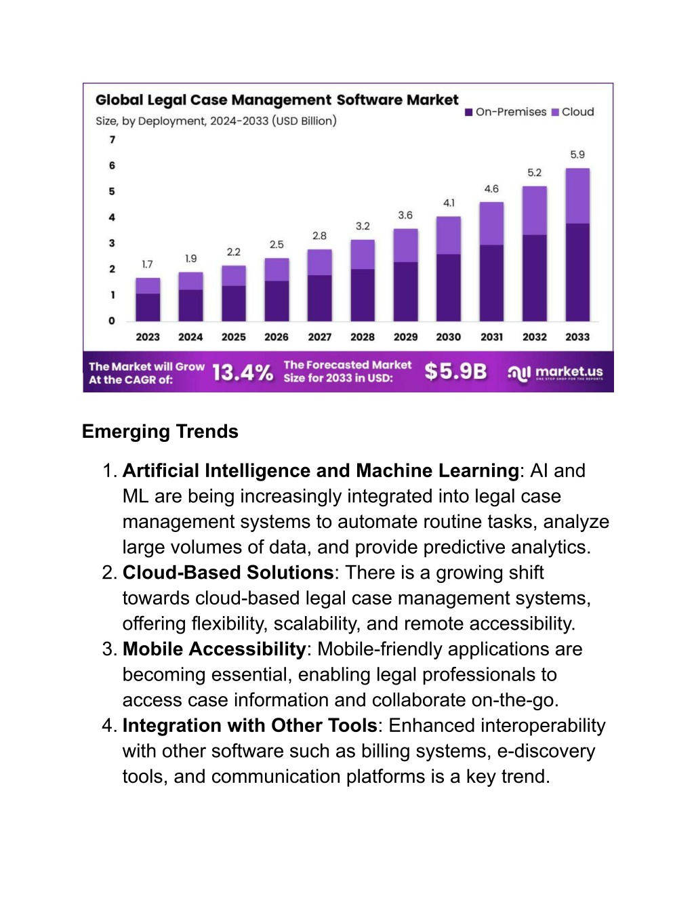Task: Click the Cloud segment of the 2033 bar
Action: (x=577, y=196)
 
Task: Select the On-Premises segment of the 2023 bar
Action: (x=148, y=308)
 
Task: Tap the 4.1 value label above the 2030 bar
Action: (x=449, y=203)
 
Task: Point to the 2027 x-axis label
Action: (x=319, y=338)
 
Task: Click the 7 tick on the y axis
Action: (x=112, y=140)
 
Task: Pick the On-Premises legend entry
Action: (x=506, y=112)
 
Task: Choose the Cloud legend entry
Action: (x=573, y=112)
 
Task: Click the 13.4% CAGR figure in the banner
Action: (x=243, y=372)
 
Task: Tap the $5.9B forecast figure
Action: (x=455, y=371)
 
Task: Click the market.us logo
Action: (x=555, y=373)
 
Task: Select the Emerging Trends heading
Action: (x=160, y=432)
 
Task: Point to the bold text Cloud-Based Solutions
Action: (x=228, y=573)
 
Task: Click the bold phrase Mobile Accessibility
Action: (x=214, y=649)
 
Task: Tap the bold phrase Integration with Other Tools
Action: (x=250, y=726)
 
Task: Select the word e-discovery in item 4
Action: (x=546, y=752)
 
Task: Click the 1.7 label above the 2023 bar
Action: (x=148, y=264)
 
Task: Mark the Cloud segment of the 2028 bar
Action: (x=363, y=255)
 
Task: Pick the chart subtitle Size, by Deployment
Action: (x=216, y=121)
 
